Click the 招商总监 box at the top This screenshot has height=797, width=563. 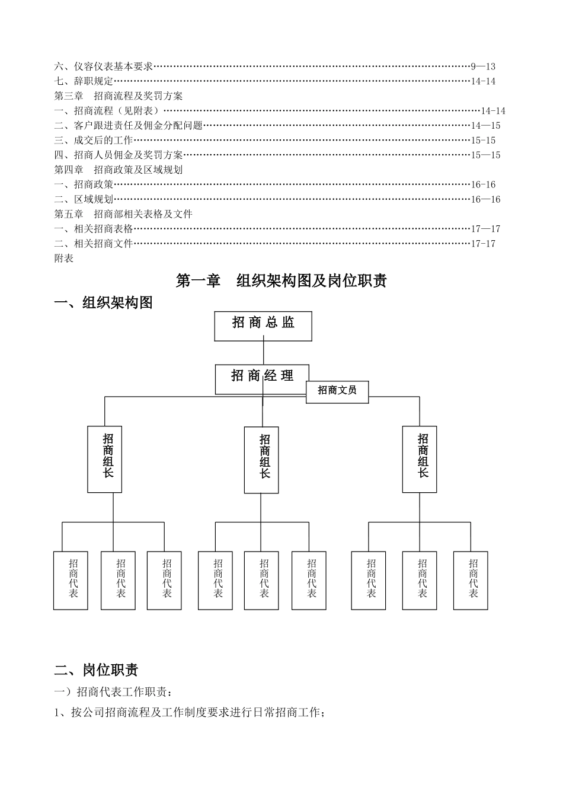[x=263, y=326]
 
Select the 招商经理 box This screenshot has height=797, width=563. [x=262, y=379]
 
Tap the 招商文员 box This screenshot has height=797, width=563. [x=337, y=391]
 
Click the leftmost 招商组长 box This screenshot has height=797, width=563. [x=105, y=459]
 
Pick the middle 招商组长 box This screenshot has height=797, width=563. [x=261, y=460]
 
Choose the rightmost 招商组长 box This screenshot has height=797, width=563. [x=420, y=459]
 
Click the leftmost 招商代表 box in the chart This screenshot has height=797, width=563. [x=71, y=581]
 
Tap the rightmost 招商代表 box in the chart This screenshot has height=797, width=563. [x=471, y=581]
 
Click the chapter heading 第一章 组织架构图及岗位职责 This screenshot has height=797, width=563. [x=281, y=280]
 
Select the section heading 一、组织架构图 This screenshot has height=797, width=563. [x=104, y=303]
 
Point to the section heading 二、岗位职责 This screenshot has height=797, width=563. [x=97, y=670]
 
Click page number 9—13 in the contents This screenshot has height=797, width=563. [x=483, y=66]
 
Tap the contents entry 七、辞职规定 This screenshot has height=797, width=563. [x=84, y=81]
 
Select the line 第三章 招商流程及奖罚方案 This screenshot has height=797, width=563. [x=119, y=96]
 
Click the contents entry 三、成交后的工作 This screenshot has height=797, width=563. [x=94, y=141]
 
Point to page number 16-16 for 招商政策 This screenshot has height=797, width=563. [x=484, y=184]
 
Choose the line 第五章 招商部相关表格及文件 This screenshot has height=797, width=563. [x=123, y=214]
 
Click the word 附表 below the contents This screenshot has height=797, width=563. [x=64, y=259]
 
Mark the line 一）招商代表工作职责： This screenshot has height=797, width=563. [x=114, y=692]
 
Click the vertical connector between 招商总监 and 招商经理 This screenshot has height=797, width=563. [x=263, y=353]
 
